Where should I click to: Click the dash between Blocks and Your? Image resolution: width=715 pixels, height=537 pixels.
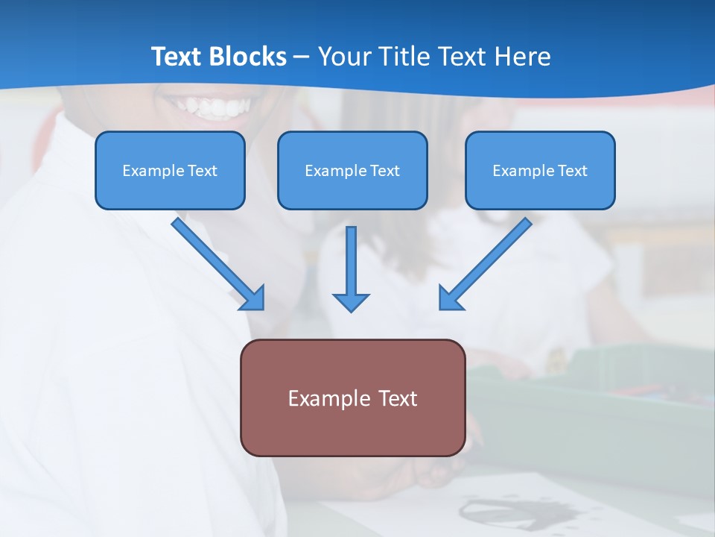point(302,57)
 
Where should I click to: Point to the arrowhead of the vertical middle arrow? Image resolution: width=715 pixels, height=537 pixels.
point(351,301)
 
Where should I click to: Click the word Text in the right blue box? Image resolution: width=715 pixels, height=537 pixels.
point(573,171)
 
